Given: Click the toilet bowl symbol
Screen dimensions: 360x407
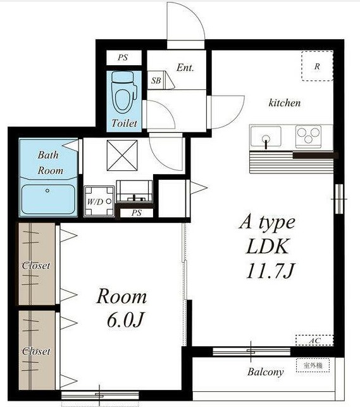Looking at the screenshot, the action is (124, 92).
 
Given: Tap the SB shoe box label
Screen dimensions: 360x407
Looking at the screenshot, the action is (156, 80).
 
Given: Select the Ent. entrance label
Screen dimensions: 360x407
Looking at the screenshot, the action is (185, 68).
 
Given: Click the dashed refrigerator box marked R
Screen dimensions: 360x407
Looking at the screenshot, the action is (317, 66).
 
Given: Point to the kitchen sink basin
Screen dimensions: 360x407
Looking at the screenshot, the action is (266, 136).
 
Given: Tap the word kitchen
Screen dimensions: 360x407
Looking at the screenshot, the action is (285, 103).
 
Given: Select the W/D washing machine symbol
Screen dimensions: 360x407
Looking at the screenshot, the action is (99, 201).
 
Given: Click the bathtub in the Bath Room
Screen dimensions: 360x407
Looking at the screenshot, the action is (49, 199).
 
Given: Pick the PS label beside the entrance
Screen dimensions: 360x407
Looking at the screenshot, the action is (123, 58).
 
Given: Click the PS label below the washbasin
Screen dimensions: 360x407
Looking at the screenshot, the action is (137, 213).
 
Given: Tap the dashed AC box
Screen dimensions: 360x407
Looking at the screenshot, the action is (314, 340).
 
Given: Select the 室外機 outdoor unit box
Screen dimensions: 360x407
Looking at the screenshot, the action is (313, 365).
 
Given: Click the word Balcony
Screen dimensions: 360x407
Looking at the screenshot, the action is (265, 372).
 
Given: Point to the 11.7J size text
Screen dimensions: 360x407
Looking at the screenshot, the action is (271, 271).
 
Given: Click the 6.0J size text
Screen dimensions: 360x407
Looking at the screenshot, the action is (125, 320).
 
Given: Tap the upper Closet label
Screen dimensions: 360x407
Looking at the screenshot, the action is (36, 265).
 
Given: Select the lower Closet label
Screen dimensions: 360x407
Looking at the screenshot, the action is (36, 351).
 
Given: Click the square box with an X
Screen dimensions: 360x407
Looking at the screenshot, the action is (122, 156).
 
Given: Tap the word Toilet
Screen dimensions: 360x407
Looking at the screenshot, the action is (124, 123).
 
